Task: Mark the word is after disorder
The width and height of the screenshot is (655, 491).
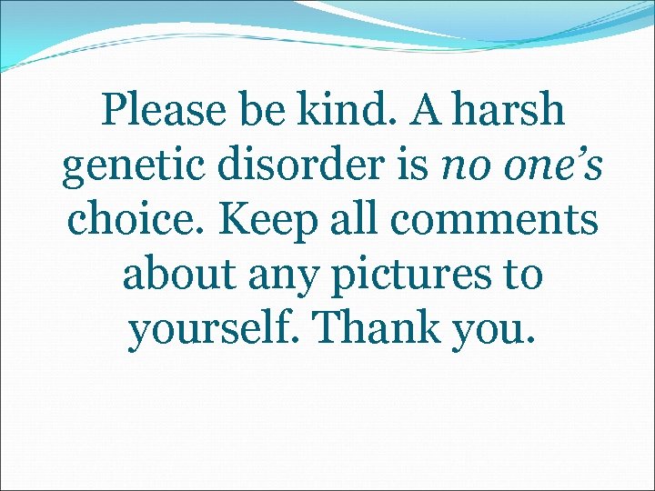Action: pyautogui.click(x=408, y=166)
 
